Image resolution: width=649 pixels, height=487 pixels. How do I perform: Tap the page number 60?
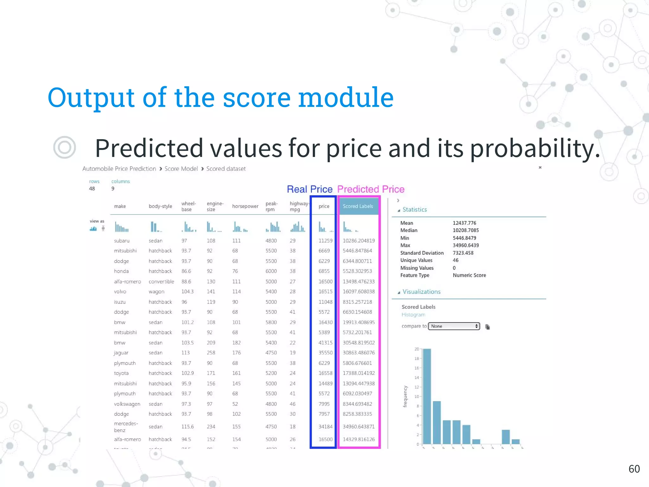(634, 469)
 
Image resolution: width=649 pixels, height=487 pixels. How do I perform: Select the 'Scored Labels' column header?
(358, 206)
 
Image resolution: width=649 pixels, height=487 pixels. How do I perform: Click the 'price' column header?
(324, 206)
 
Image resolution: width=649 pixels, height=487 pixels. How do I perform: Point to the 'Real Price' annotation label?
(310, 189)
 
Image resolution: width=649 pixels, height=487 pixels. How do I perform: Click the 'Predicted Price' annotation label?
(371, 189)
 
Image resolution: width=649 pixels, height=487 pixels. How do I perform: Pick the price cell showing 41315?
(325, 343)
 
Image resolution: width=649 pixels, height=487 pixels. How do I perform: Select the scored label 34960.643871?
(358, 427)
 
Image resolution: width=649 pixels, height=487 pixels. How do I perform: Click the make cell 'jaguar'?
(121, 353)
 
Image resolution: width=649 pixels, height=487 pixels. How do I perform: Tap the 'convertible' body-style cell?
(161, 282)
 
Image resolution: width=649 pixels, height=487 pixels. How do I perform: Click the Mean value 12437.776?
(464, 223)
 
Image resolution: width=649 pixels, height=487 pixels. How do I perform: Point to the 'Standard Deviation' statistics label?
(422, 253)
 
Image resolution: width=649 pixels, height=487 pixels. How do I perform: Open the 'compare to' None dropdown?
(454, 326)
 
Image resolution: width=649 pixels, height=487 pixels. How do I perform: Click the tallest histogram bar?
(427, 396)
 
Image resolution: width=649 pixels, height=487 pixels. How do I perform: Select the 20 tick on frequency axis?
(416, 349)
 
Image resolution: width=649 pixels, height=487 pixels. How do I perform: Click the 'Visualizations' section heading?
(421, 292)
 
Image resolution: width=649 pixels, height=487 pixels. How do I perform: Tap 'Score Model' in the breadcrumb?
(181, 169)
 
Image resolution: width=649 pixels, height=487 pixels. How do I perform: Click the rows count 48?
(92, 189)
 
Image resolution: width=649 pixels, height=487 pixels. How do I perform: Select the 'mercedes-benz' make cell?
(126, 427)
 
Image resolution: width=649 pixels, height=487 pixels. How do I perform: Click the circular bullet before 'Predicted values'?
(65, 147)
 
